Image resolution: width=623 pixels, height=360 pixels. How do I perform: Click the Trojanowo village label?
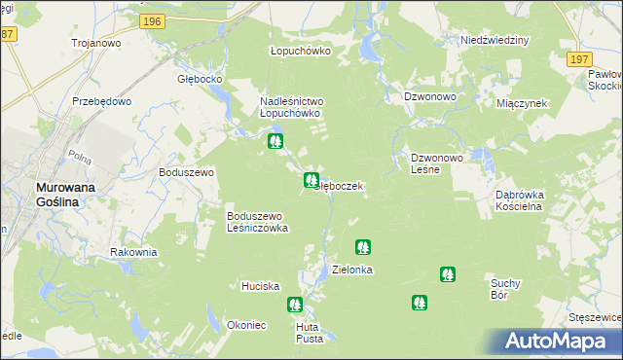pyautogui.click(x=94, y=43)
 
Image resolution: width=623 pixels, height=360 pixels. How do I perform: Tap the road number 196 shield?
pyautogui.click(x=150, y=21)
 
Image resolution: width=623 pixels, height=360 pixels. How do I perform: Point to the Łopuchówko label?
pyautogui.click(x=300, y=51)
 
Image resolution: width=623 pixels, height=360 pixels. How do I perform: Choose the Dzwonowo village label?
pyautogui.click(x=430, y=96)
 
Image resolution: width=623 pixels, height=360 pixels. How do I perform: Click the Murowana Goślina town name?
pyautogui.click(x=61, y=193)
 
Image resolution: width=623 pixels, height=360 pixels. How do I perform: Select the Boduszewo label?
pyautogui.click(x=186, y=172)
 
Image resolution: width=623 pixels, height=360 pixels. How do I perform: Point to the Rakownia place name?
pyautogui.click(x=133, y=252)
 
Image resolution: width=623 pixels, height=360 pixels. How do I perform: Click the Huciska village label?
pyautogui.click(x=261, y=286)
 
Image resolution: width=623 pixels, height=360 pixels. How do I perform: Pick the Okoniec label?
pyautogui.click(x=246, y=325)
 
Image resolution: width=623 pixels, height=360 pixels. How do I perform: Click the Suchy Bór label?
pyautogui.click(x=506, y=289)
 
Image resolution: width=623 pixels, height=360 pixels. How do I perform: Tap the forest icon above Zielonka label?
pyautogui.click(x=363, y=248)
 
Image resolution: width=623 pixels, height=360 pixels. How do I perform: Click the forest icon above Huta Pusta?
pyautogui.click(x=295, y=305)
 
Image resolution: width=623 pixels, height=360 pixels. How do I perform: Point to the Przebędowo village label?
pyautogui.click(x=101, y=100)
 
